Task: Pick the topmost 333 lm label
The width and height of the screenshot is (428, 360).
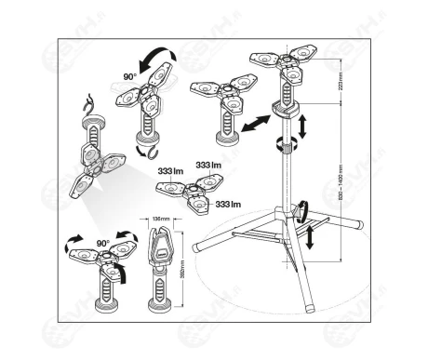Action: [209, 164]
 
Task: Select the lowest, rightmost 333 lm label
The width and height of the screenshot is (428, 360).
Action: [229, 203]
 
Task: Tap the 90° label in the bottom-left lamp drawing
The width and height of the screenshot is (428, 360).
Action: [102, 245]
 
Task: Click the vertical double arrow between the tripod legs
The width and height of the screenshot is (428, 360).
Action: [308, 232]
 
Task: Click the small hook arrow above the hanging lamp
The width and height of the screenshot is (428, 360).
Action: [88, 100]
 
